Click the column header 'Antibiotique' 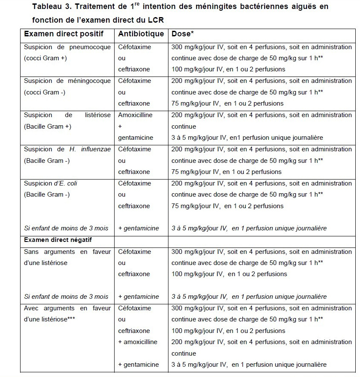[141, 34]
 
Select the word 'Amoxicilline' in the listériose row [135, 115]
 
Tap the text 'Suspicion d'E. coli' [50, 183]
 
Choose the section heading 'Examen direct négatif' [58, 240]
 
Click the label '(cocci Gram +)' [45, 58]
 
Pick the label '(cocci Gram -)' [44, 92]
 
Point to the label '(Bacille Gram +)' [47, 127]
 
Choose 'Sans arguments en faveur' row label [67, 252]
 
